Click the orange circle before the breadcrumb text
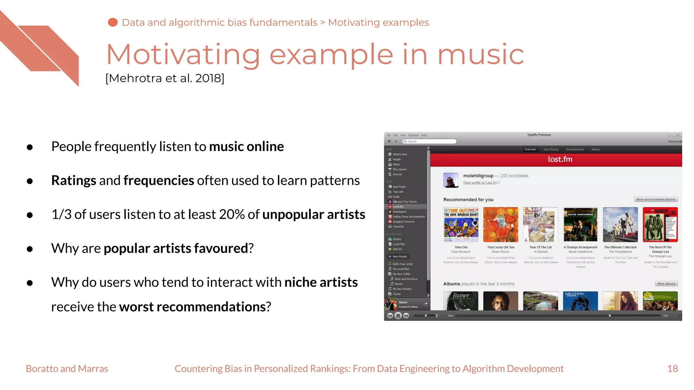(x=113, y=22)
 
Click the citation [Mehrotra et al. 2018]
(x=165, y=78)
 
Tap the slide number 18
(x=672, y=368)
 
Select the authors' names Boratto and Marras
(x=67, y=368)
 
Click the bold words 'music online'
(x=246, y=147)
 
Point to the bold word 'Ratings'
(x=74, y=180)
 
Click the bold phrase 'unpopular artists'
(x=313, y=214)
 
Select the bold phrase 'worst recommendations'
(x=192, y=307)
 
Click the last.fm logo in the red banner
(x=560, y=159)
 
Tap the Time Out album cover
(x=461, y=224)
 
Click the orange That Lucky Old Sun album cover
(x=501, y=224)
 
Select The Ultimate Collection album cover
(x=620, y=224)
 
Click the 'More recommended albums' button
(x=656, y=199)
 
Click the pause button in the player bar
(x=398, y=316)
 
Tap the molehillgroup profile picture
(x=451, y=180)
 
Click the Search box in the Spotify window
(x=430, y=141)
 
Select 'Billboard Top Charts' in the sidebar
(x=405, y=202)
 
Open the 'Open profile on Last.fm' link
(x=480, y=183)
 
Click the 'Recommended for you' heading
(x=468, y=200)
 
